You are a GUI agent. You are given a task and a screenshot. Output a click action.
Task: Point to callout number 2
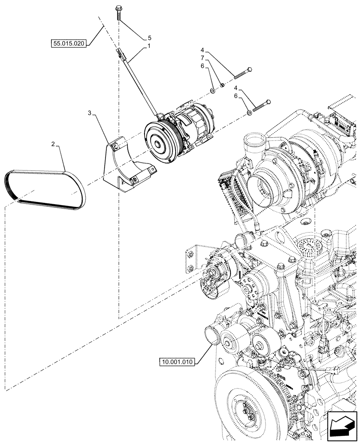pos(53,144)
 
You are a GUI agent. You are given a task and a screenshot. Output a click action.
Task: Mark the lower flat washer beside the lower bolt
pos(250,113)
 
